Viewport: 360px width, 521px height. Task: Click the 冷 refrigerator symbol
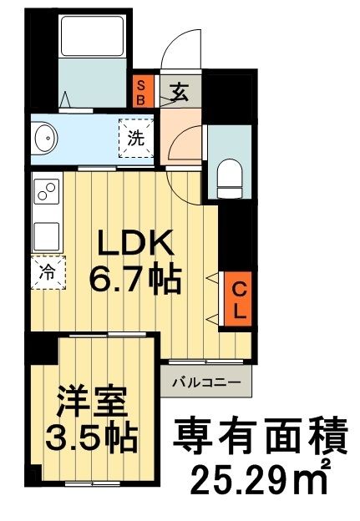tap(48, 272)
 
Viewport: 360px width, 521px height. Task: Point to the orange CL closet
tap(238, 301)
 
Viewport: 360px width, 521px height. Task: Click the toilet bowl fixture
tap(228, 176)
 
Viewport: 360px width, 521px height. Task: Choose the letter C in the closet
tap(238, 290)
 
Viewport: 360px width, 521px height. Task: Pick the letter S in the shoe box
tap(142, 83)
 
